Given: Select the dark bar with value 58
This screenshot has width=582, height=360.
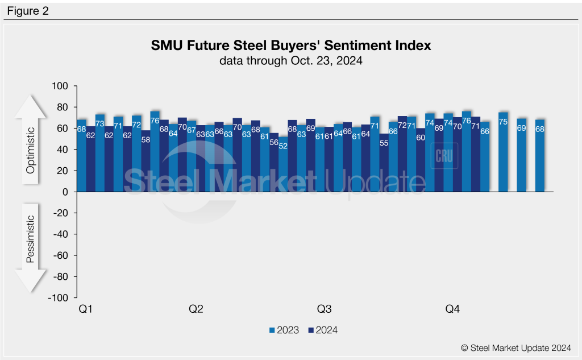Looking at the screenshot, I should click(146, 165).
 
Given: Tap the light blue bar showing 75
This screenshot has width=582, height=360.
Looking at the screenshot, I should click(503, 154).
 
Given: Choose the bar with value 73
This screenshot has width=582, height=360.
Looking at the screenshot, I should click(100, 154).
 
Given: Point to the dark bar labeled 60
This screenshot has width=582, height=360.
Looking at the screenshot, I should click(421, 162).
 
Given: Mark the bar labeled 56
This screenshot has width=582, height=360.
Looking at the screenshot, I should click(274, 165).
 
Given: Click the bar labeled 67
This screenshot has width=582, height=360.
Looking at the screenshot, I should click(192, 156).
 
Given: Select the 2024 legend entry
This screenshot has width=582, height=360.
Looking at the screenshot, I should click(322, 330).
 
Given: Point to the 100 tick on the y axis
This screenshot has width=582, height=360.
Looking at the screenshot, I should click(60, 86).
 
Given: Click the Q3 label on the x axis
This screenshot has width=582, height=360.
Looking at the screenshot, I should click(324, 309).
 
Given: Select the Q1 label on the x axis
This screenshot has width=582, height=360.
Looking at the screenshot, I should click(85, 309).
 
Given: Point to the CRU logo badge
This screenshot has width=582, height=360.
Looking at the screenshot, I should click(444, 156).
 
